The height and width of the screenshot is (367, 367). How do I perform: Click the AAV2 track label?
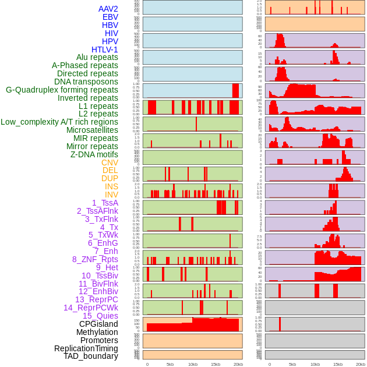(108, 9)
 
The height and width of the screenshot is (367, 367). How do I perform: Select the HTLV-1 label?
(105, 50)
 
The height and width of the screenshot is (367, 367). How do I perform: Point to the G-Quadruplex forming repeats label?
(62, 90)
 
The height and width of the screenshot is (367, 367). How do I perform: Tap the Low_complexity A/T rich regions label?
(59, 122)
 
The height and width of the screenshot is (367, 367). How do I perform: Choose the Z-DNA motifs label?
(94, 154)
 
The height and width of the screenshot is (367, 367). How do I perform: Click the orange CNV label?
(110, 163)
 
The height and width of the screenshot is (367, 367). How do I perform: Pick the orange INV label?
(111, 195)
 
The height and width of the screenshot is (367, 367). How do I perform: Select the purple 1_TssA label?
(105, 203)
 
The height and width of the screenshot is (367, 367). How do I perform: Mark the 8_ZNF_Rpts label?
(95, 259)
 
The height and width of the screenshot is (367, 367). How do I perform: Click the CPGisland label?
(98, 324)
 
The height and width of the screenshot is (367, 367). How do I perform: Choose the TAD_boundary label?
(91, 356)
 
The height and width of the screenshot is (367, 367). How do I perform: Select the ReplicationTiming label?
(86, 348)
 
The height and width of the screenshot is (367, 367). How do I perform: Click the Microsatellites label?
(92, 130)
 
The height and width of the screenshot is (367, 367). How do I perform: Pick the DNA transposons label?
(86, 82)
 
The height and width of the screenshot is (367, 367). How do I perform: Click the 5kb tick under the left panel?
(170, 364)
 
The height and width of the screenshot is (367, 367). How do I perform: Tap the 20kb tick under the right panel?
(361, 364)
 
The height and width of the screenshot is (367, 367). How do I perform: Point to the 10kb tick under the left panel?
(192, 364)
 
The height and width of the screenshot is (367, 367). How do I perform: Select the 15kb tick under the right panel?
(338, 364)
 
